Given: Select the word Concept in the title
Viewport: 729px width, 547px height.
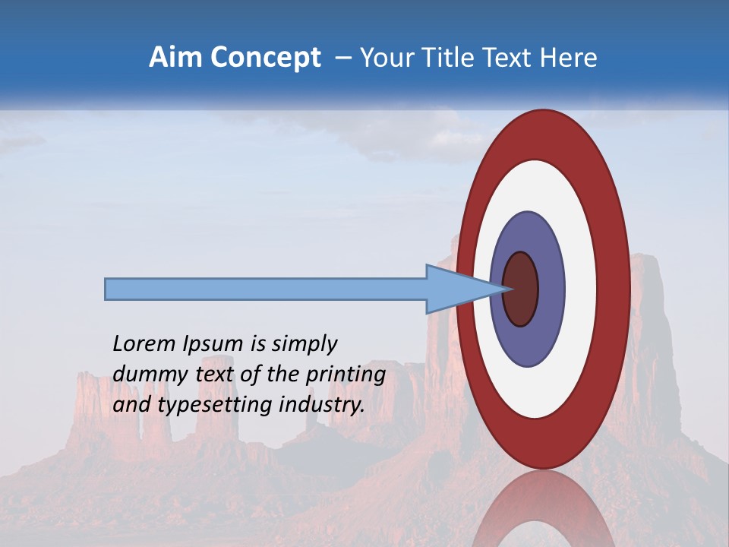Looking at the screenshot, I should [x=265, y=58].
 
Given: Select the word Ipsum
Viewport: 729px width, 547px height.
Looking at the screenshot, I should [x=213, y=345].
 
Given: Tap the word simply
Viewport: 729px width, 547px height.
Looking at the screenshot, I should [x=303, y=345].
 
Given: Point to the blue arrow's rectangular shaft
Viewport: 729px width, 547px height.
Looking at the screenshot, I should [x=266, y=289].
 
